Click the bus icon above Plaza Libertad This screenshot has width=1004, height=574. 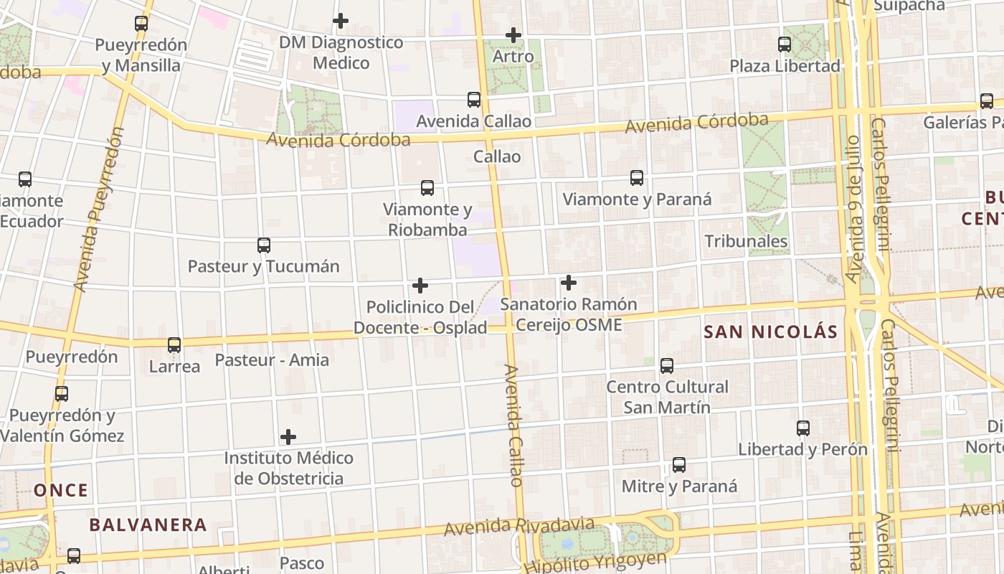[785, 44]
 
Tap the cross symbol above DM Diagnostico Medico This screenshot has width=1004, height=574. [341, 21]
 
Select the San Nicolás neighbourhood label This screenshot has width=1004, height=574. [771, 331]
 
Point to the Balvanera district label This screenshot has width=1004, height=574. [148, 524]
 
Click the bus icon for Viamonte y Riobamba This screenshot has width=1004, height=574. [427, 188]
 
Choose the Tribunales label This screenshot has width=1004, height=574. [747, 241]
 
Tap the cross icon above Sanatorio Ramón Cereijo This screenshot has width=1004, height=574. [569, 283]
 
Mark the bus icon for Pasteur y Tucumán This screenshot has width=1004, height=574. [264, 245]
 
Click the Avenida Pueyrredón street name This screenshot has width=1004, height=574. [100, 210]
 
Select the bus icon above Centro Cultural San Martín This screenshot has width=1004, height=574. [667, 366]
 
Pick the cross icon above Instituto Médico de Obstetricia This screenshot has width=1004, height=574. [288, 436]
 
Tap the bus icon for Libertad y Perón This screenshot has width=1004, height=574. [803, 428]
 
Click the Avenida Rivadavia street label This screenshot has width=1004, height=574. [519, 527]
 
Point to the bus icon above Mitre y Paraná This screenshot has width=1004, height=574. [679, 465]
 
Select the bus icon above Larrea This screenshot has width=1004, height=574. [174, 345]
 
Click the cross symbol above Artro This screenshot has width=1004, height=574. [513, 34]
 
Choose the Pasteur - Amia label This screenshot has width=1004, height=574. [272, 359]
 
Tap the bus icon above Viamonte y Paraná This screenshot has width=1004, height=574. [636, 178]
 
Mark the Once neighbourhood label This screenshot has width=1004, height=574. [61, 491]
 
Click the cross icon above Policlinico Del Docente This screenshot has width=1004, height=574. [420, 286]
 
